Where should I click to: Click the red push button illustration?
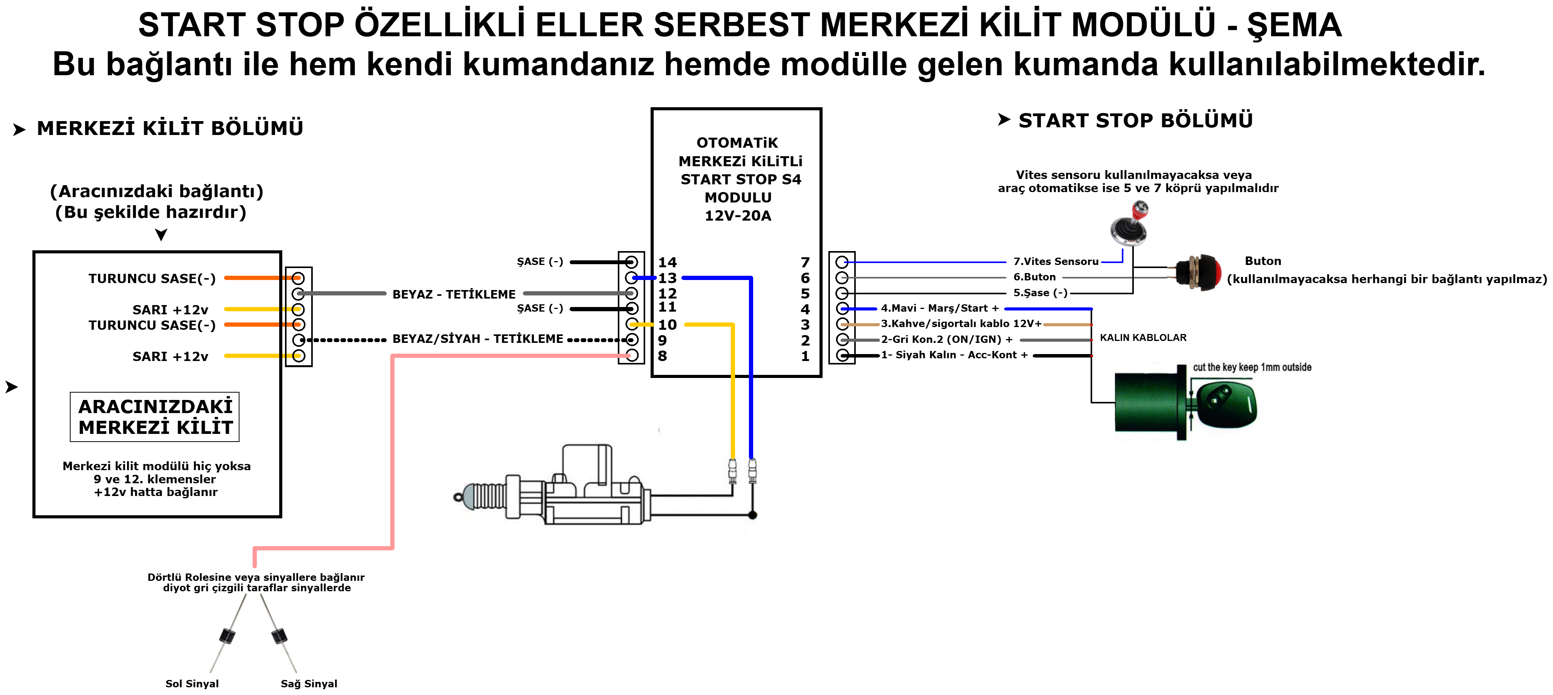click(x=1200, y=272)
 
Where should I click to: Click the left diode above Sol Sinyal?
click(x=227, y=635)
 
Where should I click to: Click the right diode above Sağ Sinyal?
click(x=279, y=635)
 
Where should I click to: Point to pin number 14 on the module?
click(x=668, y=262)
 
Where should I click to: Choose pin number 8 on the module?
click(x=663, y=356)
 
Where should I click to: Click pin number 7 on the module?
click(x=805, y=262)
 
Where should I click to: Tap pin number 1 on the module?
click(x=805, y=356)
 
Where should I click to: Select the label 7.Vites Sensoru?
click(x=1056, y=261)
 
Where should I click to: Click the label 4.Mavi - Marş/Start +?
click(x=940, y=308)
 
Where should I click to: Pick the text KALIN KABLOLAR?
click(x=1143, y=337)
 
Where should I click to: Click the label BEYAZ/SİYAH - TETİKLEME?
click(x=477, y=339)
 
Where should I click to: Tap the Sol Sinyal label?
click(x=192, y=683)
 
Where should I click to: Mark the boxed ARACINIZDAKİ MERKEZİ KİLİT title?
click(x=155, y=417)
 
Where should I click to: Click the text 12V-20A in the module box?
click(x=738, y=216)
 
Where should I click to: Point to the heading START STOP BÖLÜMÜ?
click(x=1135, y=121)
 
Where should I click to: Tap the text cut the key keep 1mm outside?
click(x=1251, y=367)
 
